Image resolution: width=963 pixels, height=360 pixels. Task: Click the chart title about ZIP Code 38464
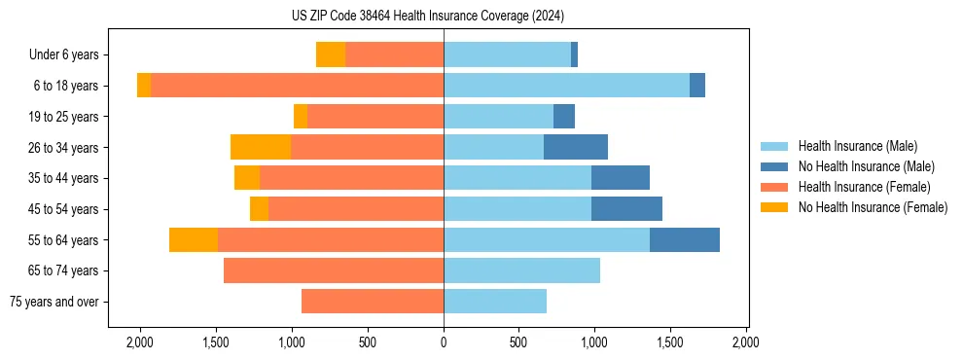point(427,16)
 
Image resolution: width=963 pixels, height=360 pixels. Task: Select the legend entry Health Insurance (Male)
point(857,146)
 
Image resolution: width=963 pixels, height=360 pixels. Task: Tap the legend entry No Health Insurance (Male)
point(866,166)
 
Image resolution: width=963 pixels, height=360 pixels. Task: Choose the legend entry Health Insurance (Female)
point(864,187)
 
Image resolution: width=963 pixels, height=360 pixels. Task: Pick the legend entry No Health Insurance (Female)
point(873,207)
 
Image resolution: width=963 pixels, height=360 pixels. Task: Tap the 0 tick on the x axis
point(444,342)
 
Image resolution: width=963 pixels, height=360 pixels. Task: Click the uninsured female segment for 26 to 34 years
point(261,147)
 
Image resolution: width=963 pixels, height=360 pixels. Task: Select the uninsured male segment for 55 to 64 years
point(685,239)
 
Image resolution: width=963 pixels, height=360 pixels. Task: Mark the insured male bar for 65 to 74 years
point(521,270)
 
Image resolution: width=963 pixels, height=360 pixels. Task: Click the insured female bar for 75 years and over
point(373,302)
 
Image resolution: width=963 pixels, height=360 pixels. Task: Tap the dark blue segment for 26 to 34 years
point(576,147)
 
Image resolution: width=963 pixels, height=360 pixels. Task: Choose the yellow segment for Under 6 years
point(331,55)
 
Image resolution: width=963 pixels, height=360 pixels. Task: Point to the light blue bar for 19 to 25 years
point(498,117)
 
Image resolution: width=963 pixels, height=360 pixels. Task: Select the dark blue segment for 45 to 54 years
point(626,209)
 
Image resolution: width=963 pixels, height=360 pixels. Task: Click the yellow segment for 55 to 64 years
point(194,239)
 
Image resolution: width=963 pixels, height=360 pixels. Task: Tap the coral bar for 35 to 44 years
point(351,178)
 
